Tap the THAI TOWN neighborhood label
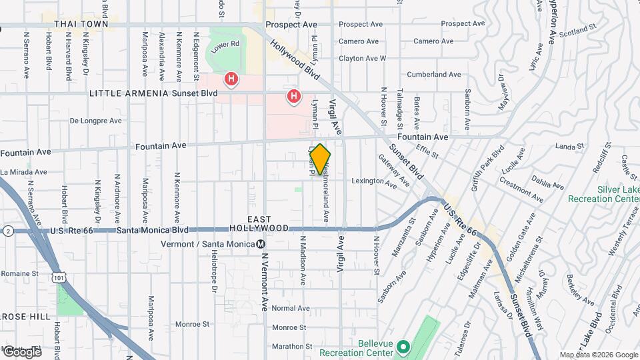click(81, 24)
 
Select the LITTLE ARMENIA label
click(128, 93)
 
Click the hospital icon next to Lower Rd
click(231, 80)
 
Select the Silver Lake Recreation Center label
click(603, 193)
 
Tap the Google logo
click(22, 351)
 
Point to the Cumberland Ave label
click(434, 75)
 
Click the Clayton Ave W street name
click(362, 59)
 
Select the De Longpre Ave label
click(96, 121)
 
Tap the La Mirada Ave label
click(23, 172)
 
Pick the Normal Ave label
click(291, 309)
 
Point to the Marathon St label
click(288, 346)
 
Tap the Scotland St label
click(577, 31)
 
